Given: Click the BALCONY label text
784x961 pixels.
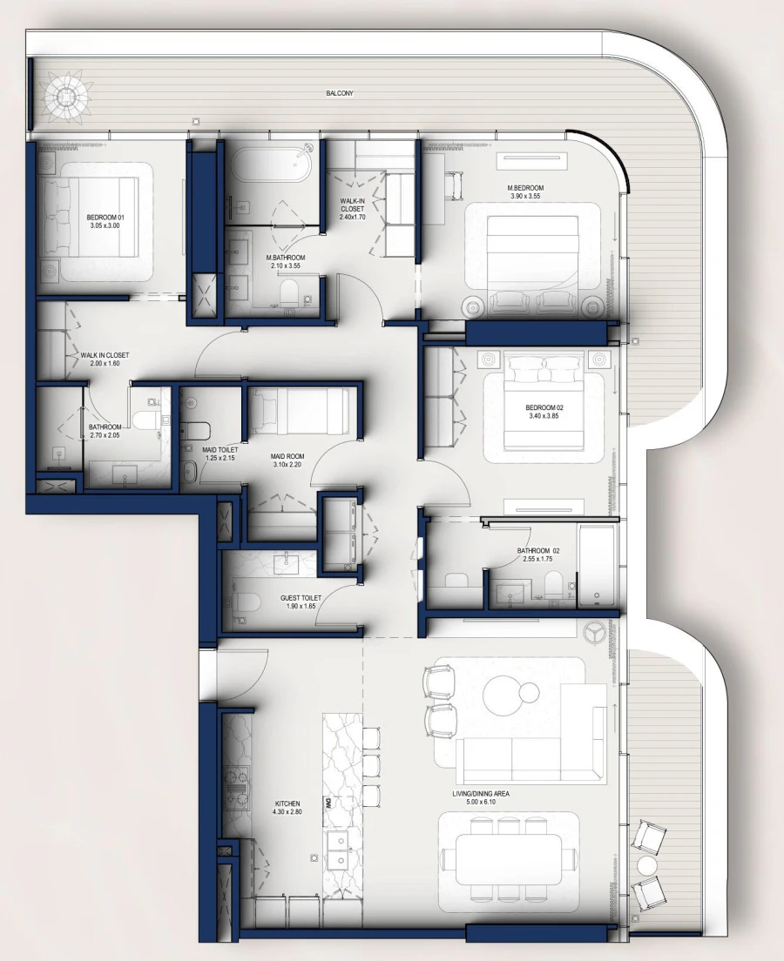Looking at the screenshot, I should [340, 93].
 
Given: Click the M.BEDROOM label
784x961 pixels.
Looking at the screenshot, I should [526, 188].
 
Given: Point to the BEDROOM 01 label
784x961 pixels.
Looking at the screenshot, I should [105, 217].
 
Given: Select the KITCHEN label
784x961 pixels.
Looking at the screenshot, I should [287, 803].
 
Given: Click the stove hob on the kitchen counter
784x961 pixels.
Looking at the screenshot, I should [236, 788].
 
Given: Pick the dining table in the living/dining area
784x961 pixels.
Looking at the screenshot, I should [508, 858].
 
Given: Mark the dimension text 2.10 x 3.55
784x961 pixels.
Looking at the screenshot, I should [285, 266].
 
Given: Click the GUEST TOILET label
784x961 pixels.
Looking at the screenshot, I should [301, 598].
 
